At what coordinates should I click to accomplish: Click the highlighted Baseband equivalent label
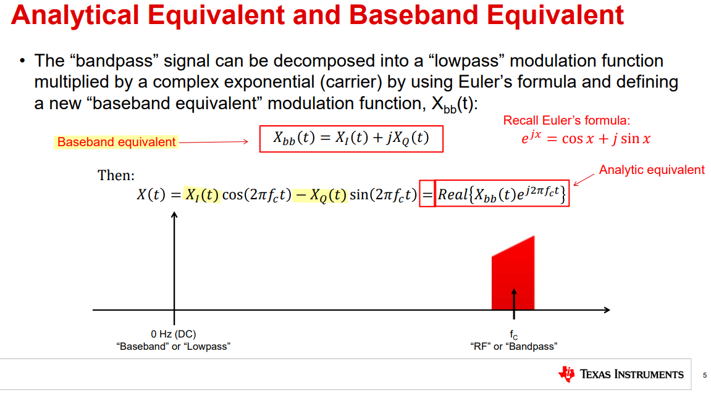click(x=116, y=142)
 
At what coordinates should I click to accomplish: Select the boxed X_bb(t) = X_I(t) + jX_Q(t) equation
click(x=351, y=139)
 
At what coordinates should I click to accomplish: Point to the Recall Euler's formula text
click(x=566, y=120)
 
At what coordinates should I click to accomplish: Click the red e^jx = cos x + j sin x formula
click(x=586, y=138)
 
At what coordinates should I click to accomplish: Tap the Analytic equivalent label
click(x=652, y=170)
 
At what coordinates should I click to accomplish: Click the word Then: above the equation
click(x=116, y=175)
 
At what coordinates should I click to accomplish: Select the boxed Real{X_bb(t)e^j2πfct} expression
click(x=502, y=194)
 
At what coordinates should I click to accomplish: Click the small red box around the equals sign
click(x=427, y=194)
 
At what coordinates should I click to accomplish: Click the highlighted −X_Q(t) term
click(x=320, y=195)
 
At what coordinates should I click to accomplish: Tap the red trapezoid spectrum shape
click(x=513, y=273)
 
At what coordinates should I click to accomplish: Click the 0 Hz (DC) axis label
click(x=173, y=334)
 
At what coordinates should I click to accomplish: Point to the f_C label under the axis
click(x=513, y=334)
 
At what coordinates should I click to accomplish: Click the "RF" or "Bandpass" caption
click(x=514, y=347)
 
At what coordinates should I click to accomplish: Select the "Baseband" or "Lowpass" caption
click(x=173, y=347)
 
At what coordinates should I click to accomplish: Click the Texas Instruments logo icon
click(x=567, y=374)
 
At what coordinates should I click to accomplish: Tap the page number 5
click(x=705, y=375)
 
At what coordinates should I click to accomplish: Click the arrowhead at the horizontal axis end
click(x=608, y=310)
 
